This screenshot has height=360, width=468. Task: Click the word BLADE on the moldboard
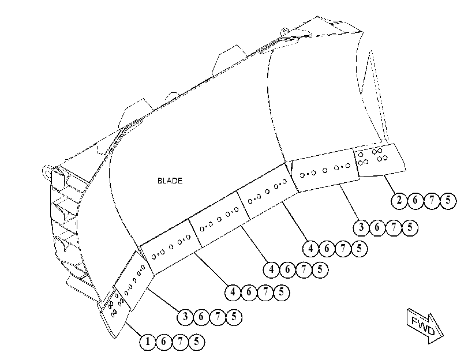170,181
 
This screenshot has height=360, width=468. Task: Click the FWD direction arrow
425,326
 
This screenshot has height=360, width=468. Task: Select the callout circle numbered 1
148,342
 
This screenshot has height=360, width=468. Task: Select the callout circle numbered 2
399,200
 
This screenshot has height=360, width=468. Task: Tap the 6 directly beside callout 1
163,342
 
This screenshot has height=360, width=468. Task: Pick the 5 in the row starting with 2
448,200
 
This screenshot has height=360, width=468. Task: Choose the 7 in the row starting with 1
180,342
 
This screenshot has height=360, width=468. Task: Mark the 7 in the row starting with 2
432,200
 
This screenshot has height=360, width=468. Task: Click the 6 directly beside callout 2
415,200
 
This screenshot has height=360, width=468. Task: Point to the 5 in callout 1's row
196,342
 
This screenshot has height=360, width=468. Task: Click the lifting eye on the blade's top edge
284,31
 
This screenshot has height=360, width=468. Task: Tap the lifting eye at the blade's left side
47,172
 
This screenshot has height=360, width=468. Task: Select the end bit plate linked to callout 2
379,160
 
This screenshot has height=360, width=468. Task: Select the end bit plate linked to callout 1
115,313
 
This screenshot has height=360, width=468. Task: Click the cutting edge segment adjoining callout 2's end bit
325,170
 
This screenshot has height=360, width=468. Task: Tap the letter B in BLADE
160,181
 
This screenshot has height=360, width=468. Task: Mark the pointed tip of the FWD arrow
443,335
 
